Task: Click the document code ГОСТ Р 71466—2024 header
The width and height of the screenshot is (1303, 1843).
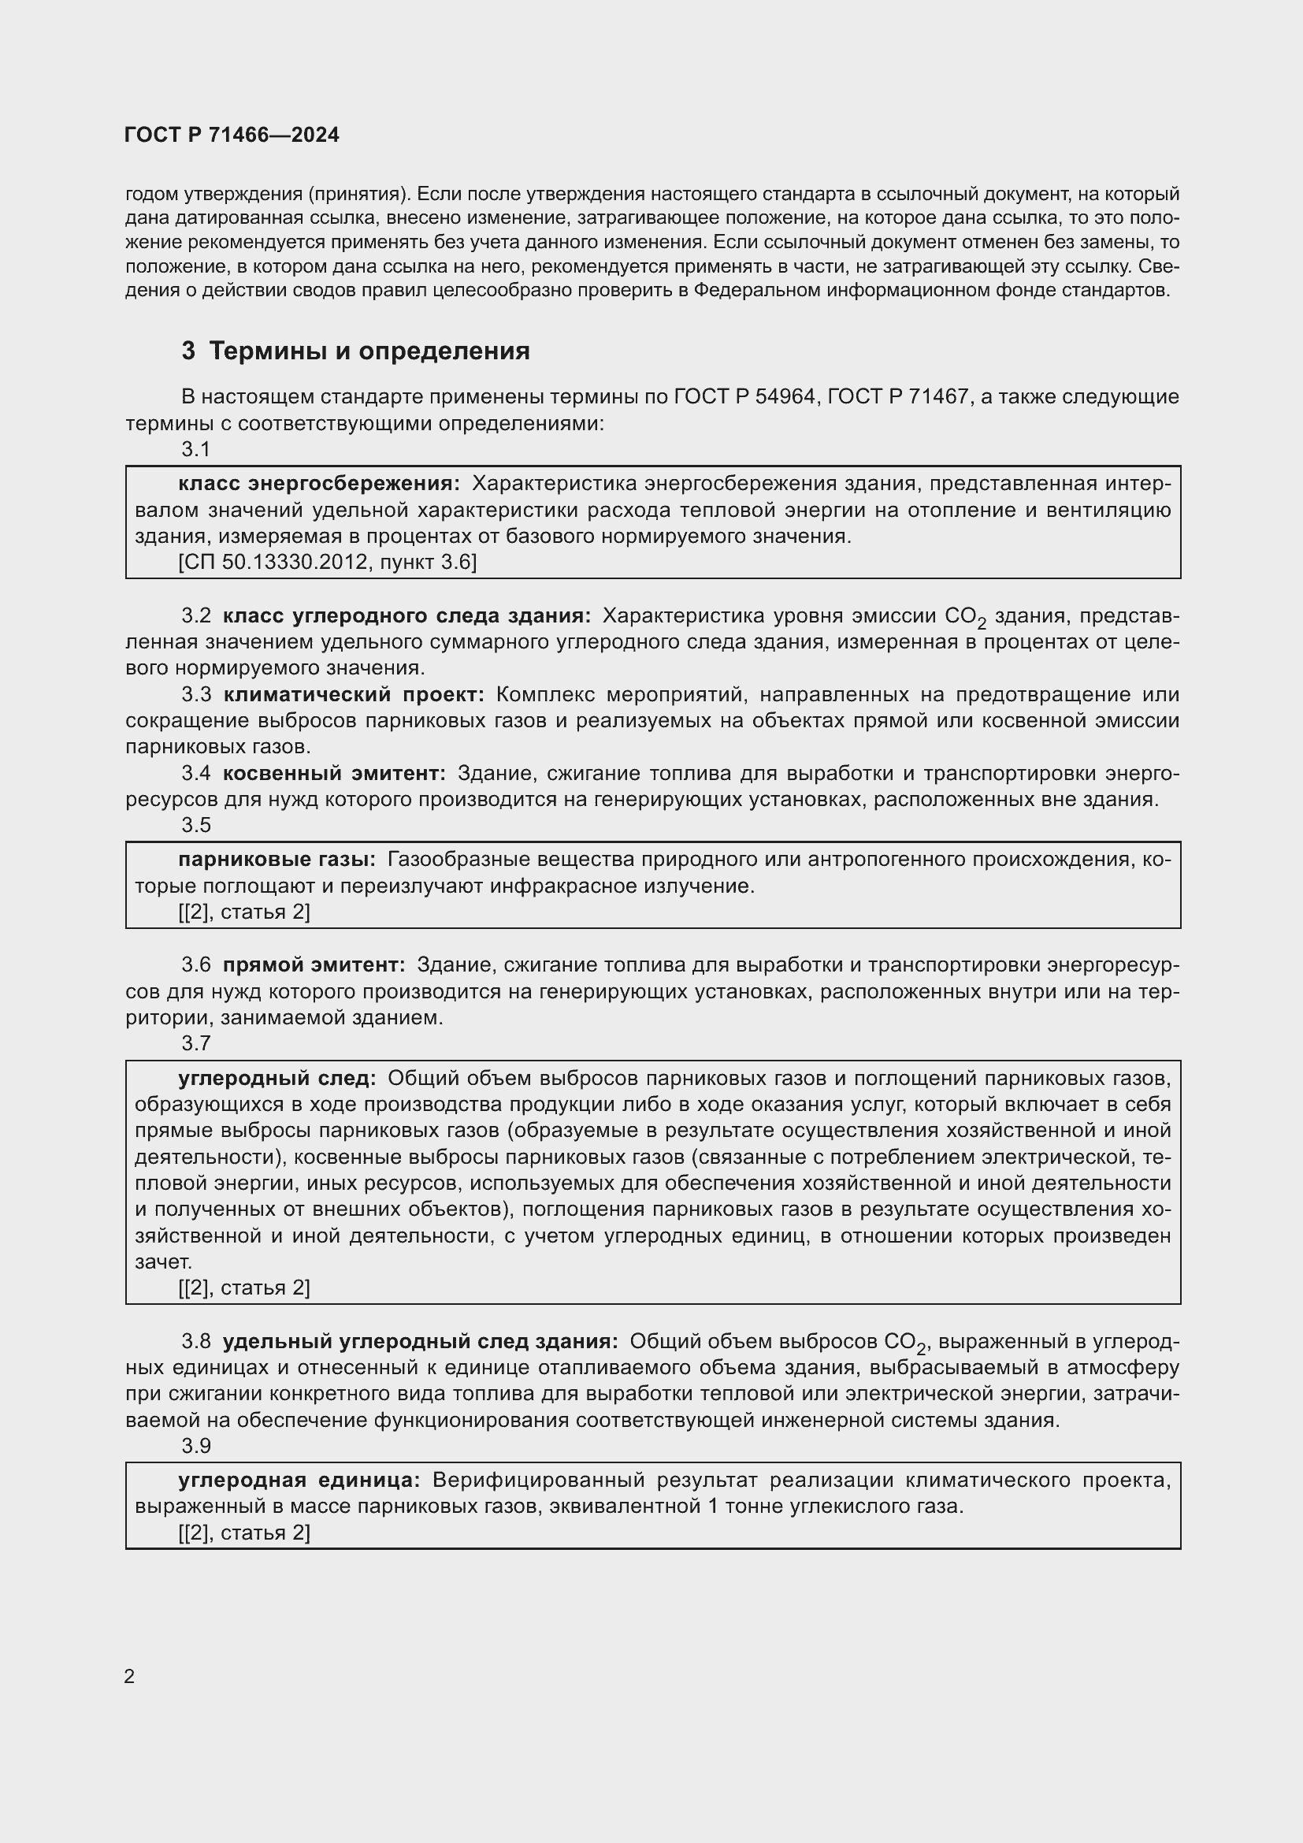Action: click(232, 135)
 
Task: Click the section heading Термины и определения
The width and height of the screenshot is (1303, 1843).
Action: click(369, 351)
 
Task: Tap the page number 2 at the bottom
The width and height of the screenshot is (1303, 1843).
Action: click(130, 1676)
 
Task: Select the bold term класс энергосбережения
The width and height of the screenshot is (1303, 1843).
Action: click(318, 483)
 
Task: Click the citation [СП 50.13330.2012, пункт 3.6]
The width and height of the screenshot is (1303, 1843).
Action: click(328, 562)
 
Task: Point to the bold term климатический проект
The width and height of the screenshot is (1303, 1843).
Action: click(353, 694)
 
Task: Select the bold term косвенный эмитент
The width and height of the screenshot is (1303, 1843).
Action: click(334, 773)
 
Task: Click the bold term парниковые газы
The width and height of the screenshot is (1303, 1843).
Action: click(277, 860)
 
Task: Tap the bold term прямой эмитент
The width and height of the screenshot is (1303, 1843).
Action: click(314, 965)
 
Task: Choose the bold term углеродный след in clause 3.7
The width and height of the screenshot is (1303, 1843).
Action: click(277, 1078)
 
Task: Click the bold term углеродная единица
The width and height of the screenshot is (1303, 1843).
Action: click(299, 1481)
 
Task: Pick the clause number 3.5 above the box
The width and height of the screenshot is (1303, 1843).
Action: click(196, 825)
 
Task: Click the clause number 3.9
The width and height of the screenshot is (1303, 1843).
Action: click(196, 1446)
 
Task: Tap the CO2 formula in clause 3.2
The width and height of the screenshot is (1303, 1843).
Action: click(964, 617)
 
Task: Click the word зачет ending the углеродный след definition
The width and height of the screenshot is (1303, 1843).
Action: click(163, 1261)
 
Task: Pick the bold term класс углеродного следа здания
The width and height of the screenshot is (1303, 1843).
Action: click(406, 615)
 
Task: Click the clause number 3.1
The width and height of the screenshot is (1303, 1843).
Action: click(196, 449)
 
